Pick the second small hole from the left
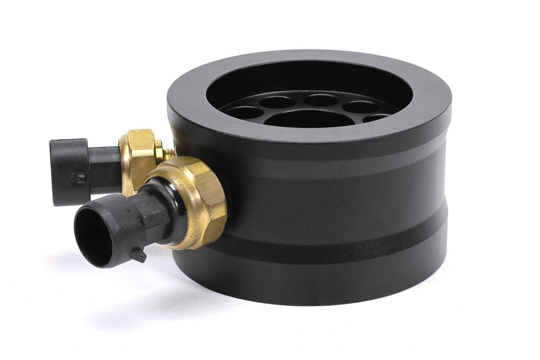pos(277,102)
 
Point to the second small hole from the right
pos(361,106)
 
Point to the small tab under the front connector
pos(139,256)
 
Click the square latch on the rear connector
pos(78,177)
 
